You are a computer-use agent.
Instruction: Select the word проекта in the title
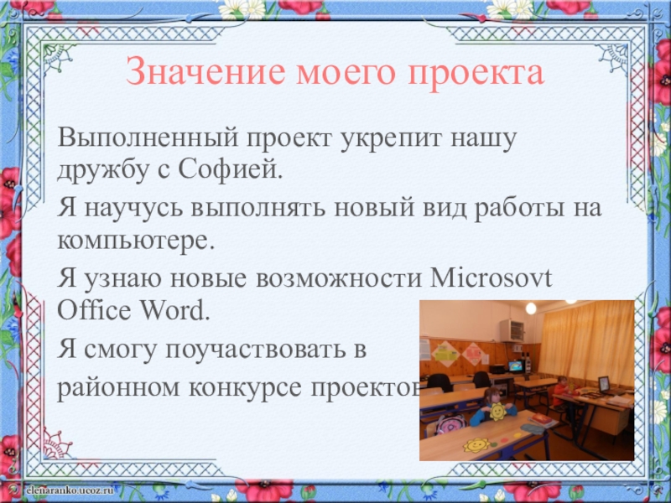[x=476, y=74]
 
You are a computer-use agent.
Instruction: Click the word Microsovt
[x=491, y=277]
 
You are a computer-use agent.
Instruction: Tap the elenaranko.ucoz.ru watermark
[x=70, y=490]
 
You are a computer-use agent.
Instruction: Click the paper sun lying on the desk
[x=476, y=445]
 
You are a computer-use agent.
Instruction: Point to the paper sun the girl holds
[x=497, y=411]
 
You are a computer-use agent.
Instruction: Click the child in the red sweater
[x=559, y=391]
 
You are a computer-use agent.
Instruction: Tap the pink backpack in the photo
[x=450, y=424]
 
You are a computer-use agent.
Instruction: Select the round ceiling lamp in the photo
[x=531, y=308]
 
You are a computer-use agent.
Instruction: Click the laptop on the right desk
[x=605, y=385]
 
